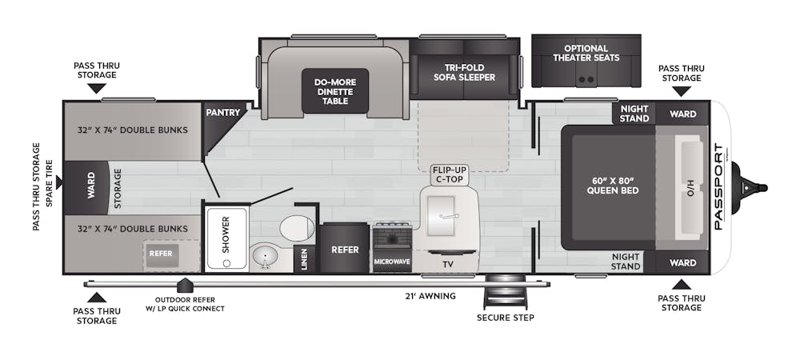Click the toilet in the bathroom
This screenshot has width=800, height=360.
tap(297, 228)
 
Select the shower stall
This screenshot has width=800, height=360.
tap(226, 238)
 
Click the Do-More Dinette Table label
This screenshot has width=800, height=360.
tap(334, 91)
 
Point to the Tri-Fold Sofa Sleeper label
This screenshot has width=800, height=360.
tap(464, 73)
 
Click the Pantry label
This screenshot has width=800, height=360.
tap(223, 113)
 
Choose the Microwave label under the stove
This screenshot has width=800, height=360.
tap(392, 262)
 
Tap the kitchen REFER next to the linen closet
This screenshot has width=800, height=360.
tap(345, 250)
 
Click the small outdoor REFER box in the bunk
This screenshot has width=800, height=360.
tap(161, 254)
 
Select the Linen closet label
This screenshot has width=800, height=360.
tap(304, 258)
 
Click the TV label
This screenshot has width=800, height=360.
tap(447, 265)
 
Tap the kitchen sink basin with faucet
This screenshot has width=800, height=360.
tap(442, 216)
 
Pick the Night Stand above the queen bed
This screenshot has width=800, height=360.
tap(634, 114)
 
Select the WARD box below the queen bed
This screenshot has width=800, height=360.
tap(682, 262)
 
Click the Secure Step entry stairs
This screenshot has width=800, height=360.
tap(504, 291)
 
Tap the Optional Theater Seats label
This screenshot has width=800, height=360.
tap(586, 53)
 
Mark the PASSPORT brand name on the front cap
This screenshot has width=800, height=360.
tap(718, 186)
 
